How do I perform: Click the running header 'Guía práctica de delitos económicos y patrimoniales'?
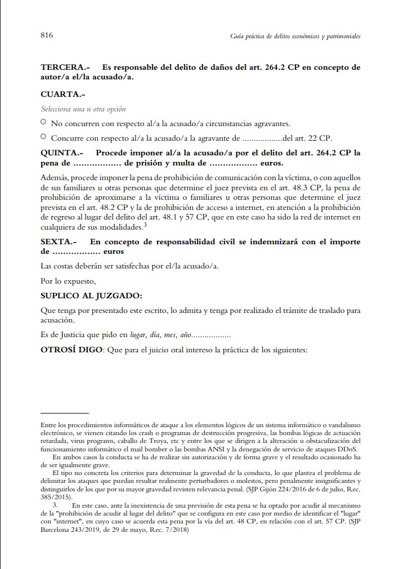pos(295,36)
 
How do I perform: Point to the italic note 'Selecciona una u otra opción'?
pos(83,109)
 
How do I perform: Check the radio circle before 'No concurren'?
pos(44,122)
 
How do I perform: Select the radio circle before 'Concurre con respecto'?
pos(44,136)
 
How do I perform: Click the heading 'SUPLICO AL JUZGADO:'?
pos(91,295)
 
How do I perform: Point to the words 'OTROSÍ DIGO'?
pos(71,350)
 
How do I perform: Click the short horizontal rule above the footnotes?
pos(65,413)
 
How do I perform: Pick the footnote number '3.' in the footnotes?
pos(55,506)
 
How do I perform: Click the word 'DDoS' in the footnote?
pos(349,448)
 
